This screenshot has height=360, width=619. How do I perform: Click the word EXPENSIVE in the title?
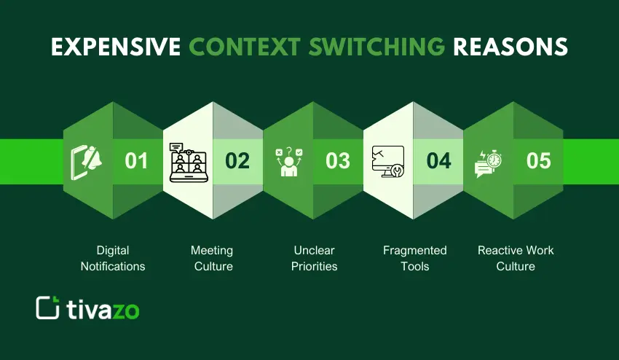[115, 46]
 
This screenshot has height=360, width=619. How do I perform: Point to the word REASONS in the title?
[510, 46]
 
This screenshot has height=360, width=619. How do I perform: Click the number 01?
[136, 160]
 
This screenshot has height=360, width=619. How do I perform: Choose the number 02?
[237, 160]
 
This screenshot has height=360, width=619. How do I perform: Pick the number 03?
[338, 160]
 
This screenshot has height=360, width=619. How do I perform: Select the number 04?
[438, 160]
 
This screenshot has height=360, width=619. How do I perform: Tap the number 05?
[539, 160]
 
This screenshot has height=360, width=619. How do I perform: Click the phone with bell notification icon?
[87, 161]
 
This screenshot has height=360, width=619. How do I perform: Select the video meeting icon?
[188, 161]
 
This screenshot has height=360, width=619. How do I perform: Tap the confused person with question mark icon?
[288, 161]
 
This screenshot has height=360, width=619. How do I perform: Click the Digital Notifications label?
[113, 258]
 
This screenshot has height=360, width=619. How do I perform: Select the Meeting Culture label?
[213, 258]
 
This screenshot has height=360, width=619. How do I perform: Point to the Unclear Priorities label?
[314, 258]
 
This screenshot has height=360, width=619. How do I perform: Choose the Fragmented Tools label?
[415, 258]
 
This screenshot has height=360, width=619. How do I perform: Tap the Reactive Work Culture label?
[516, 258]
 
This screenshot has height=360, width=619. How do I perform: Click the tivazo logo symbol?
[47, 308]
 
